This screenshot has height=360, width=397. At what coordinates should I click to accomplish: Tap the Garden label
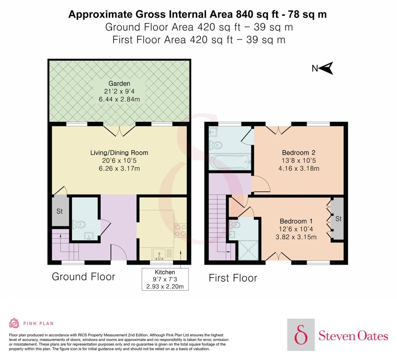(119, 84)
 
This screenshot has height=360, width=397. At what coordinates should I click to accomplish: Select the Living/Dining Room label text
(119, 153)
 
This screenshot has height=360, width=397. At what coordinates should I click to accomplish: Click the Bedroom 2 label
(299, 153)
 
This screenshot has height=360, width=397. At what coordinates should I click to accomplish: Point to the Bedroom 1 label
(296, 221)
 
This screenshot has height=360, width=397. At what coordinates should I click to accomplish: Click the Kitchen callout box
(165, 279)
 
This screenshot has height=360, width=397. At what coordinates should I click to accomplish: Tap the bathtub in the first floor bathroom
(230, 162)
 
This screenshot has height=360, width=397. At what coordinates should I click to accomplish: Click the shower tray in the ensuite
(248, 250)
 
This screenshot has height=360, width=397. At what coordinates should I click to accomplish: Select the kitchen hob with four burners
(180, 230)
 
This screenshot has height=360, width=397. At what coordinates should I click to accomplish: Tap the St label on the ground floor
(59, 211)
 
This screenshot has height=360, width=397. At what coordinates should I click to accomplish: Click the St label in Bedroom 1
(338, 219)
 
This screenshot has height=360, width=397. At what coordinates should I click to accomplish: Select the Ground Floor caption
(83, 276)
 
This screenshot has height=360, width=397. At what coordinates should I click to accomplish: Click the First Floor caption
(233, 278)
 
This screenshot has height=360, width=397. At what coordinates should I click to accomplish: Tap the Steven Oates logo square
(301, 334)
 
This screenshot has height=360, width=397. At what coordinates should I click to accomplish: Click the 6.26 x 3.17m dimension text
(119, 168)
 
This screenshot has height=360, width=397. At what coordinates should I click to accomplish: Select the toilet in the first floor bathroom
(216, 145)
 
